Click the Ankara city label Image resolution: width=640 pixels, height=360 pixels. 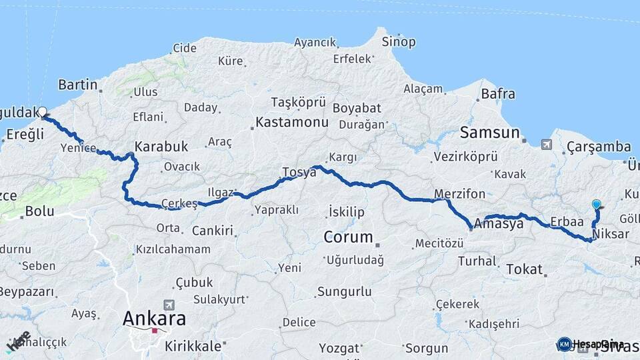point(154,318)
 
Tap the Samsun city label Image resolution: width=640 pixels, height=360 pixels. point(489,132)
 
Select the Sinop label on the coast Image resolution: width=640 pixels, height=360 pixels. point(399,42)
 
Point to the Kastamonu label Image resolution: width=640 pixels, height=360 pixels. point(292,123)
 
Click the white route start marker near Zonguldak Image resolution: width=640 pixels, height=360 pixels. point(43,112)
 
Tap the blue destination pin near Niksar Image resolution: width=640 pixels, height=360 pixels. point(596,205)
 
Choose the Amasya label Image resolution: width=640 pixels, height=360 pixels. point(500,224)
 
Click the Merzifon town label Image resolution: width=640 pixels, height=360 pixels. point(460,194)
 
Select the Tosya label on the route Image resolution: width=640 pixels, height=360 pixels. point(299,172)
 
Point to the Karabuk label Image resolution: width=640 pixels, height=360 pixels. point(161,146)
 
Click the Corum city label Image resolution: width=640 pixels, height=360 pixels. point(348,237)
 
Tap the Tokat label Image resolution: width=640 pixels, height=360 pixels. point(524,269)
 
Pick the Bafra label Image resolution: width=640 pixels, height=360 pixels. point(498,94)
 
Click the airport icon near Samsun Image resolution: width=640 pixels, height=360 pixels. point(547,144)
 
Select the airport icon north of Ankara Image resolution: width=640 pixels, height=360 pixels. point(167,304)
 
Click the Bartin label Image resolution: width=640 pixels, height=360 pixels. point(77,85)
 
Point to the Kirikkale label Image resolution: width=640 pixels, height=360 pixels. point(197,346)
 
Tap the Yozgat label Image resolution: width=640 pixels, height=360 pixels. point(339,348)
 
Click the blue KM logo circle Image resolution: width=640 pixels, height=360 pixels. point(564,344)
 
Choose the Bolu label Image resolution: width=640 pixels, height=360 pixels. point(39,212)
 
